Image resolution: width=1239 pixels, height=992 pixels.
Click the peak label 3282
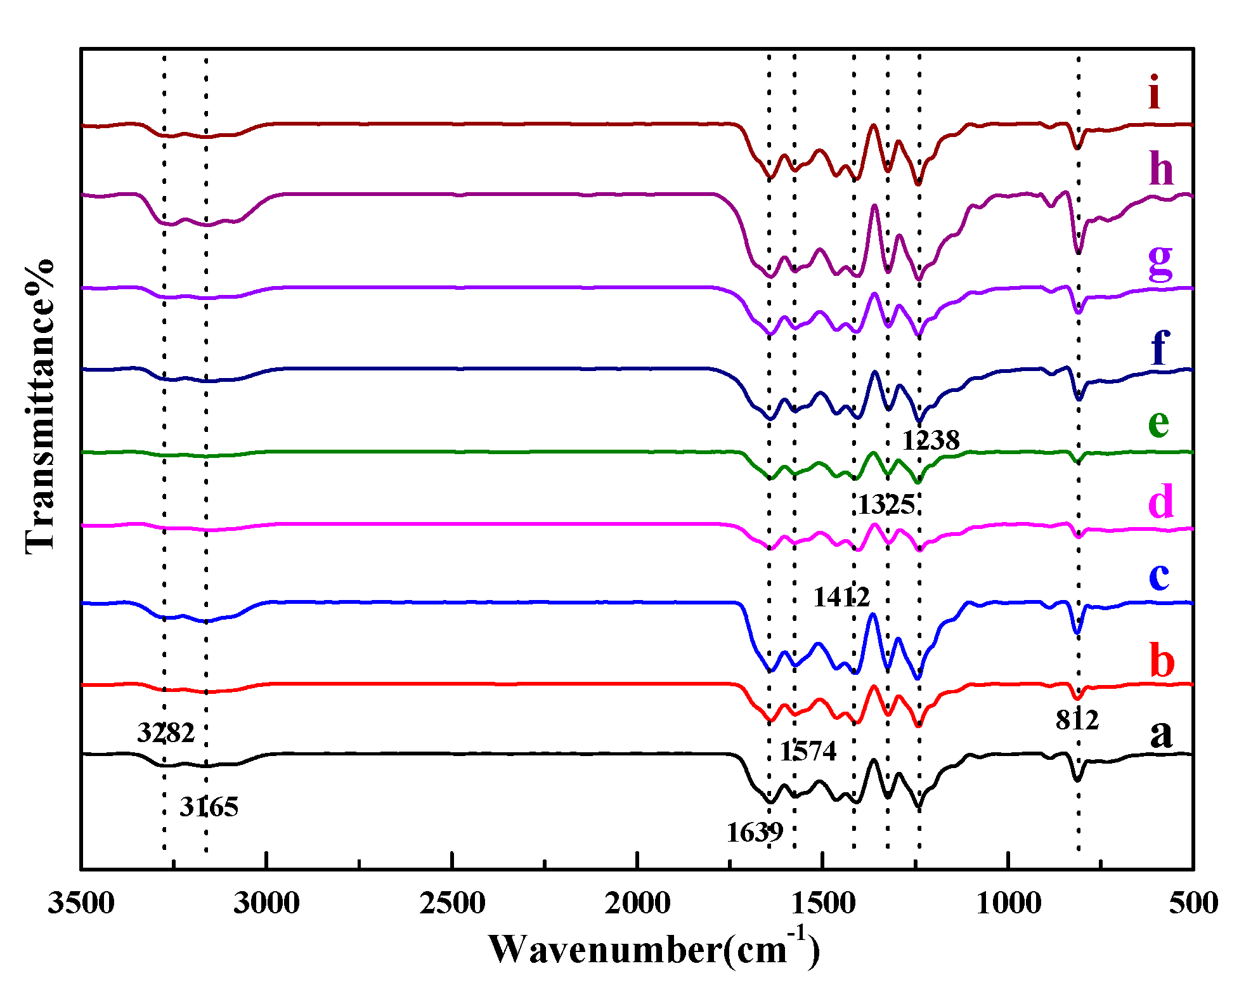[165, 733]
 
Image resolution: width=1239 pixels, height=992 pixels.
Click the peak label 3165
[209, 807]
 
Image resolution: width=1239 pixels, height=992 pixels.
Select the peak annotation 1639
[755, 832]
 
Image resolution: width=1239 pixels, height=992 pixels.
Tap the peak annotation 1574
[808, 751]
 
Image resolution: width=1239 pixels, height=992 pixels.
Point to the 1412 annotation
[841, 597]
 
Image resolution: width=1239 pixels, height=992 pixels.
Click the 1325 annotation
[886, 505]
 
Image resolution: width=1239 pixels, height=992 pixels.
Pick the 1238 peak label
[931, 440]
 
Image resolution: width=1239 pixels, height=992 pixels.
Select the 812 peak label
[1077, 720]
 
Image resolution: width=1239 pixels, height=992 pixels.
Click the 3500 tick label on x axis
[81, 903]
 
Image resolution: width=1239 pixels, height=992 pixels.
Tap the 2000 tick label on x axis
[637, 903]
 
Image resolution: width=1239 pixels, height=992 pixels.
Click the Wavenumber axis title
[653, 950]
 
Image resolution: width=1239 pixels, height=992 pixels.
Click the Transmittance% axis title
[39, 406]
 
